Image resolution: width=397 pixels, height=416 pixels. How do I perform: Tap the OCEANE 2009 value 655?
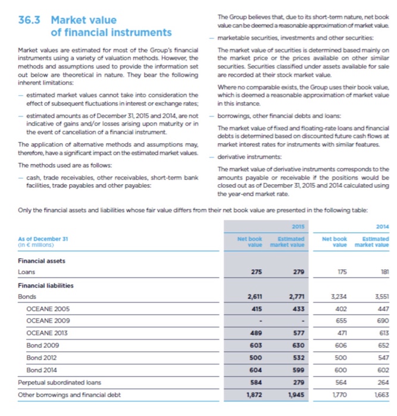coord(342,320)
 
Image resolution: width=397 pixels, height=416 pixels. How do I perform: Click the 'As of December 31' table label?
coord(43,237)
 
